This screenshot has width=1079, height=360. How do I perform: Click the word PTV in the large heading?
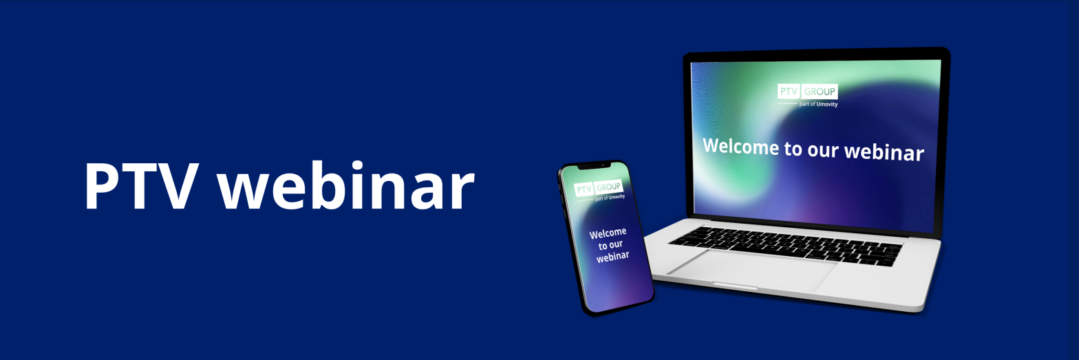142,186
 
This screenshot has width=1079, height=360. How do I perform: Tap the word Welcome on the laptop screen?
740,146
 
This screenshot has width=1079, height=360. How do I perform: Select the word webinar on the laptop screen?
884,152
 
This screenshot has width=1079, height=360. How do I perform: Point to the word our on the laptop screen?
823,149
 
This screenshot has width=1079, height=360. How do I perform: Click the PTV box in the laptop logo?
789,91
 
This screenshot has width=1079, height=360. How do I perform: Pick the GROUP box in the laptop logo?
820,92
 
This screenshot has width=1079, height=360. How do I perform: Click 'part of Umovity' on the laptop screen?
818,104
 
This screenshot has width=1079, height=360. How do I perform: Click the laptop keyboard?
785,246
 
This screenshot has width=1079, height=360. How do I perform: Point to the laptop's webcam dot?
806,56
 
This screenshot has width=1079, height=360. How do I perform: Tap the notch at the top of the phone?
595,167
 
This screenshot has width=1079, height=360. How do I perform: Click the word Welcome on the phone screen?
608,233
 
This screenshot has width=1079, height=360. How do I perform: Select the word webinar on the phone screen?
612,256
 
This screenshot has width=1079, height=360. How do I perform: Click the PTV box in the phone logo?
584,189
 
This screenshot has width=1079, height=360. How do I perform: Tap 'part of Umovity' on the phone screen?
610,198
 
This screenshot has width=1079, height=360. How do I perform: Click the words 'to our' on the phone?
610,245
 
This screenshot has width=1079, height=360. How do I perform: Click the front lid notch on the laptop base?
735,286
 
